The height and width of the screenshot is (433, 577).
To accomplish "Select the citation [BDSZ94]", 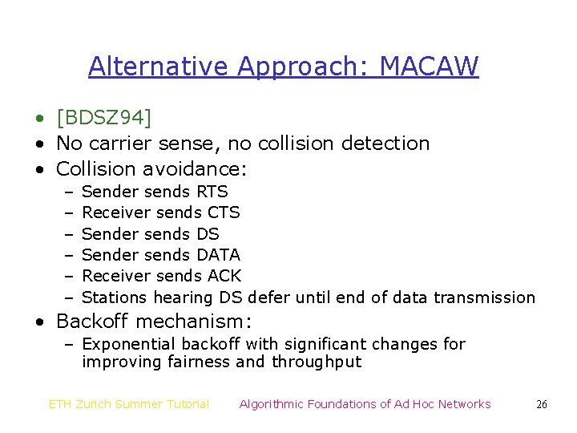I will pos(103,118).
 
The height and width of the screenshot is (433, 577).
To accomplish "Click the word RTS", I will pos(212,192).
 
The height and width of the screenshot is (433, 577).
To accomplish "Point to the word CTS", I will pos(224,212).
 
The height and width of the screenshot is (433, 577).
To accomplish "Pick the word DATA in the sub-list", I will pos(218,255).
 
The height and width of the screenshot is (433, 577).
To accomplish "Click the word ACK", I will pos(224,276).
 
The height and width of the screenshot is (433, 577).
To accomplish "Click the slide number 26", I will pos(542,405).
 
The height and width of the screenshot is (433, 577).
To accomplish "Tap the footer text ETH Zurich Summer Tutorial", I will pos(129,404).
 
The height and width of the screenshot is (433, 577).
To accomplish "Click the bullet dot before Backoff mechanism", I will pos(39,322).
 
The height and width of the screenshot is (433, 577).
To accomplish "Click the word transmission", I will pos(484,297).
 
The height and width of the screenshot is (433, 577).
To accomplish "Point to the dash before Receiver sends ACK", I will pos(69,276).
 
